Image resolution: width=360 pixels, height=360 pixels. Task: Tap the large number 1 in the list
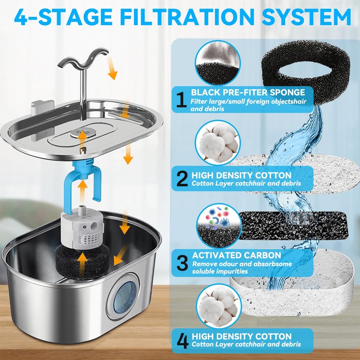[x=181, y=99]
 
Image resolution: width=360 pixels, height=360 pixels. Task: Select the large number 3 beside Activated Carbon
[x=183, y=263]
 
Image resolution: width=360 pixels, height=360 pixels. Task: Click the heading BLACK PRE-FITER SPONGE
[x=248, y=92]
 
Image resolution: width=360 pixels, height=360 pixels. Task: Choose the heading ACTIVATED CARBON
[x=237, y=255]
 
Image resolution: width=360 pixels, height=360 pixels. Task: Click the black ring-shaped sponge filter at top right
[x=306, y=72]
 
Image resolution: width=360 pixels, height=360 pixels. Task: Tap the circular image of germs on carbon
[x=219, y=226]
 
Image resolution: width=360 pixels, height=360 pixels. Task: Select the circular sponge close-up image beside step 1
[x=217, y=63]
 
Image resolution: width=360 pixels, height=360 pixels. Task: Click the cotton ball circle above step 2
[x=218, y=142]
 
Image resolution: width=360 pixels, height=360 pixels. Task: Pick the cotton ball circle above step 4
[x=219, y=306]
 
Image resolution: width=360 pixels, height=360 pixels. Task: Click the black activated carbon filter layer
[x=293, y=225]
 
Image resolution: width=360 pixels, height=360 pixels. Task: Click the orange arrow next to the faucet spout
[x=112, y=68]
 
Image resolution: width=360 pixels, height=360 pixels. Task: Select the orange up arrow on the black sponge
[x=83, y=265]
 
